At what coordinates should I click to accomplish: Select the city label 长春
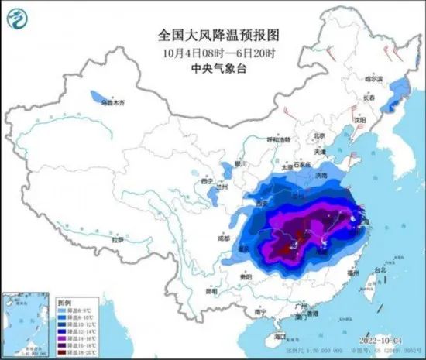[x=371, y=99]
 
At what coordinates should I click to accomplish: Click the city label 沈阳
[x=359, y=120]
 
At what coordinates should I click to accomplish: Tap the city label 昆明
[x=211, y=291]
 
